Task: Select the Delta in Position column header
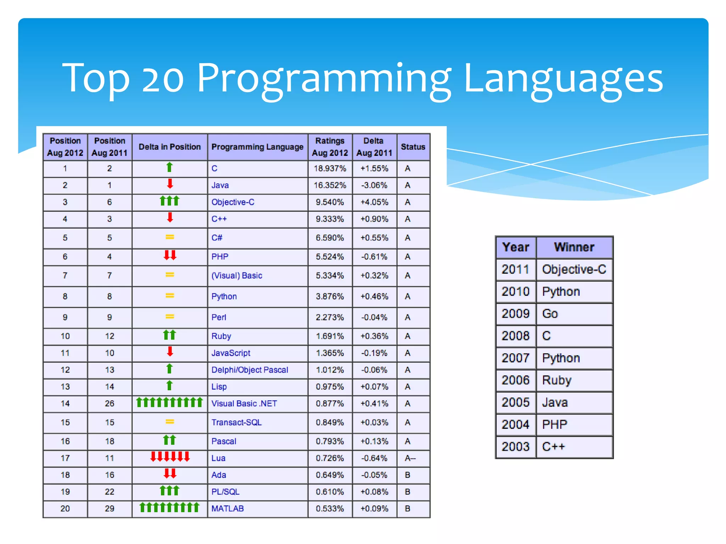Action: point(169,147)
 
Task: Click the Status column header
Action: point(413,147)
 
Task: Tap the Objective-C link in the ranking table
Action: point(233,202)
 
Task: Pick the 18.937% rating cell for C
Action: point(330,169)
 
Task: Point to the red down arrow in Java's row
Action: point(170,184)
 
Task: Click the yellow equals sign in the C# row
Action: point(170,237)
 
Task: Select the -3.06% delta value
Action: point(374,185)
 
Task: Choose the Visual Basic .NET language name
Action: point(244,404)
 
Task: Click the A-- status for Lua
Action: point(410,458)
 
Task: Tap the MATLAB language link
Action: point(228,509)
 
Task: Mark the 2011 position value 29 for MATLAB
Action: point(110,509)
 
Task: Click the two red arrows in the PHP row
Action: point(170,255)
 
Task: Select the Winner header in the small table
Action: point(574,247)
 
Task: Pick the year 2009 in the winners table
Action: point(515,314)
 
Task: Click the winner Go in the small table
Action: point(550,314)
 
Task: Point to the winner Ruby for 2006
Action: point(557,380)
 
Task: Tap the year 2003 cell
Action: point(515,447)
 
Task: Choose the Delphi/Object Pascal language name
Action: point(250,370)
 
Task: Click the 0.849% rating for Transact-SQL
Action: point(330,423)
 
